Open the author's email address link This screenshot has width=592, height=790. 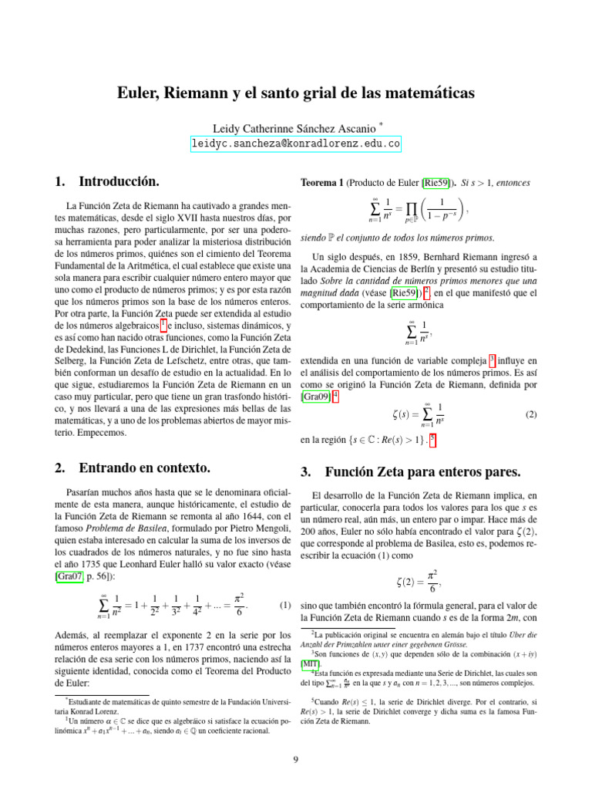tap(296, 143)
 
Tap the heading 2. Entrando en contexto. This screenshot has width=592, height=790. tap(133, 468)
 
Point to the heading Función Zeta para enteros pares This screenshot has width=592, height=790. tap(421, 471)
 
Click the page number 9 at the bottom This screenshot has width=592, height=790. tap(296, 760)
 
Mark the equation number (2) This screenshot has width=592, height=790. tap(530, 414)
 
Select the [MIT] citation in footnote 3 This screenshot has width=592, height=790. tap(311, 663)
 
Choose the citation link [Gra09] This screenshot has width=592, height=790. tap(315, 397)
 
